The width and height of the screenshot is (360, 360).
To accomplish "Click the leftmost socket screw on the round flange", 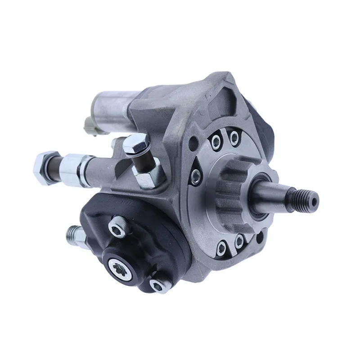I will [196, 175].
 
